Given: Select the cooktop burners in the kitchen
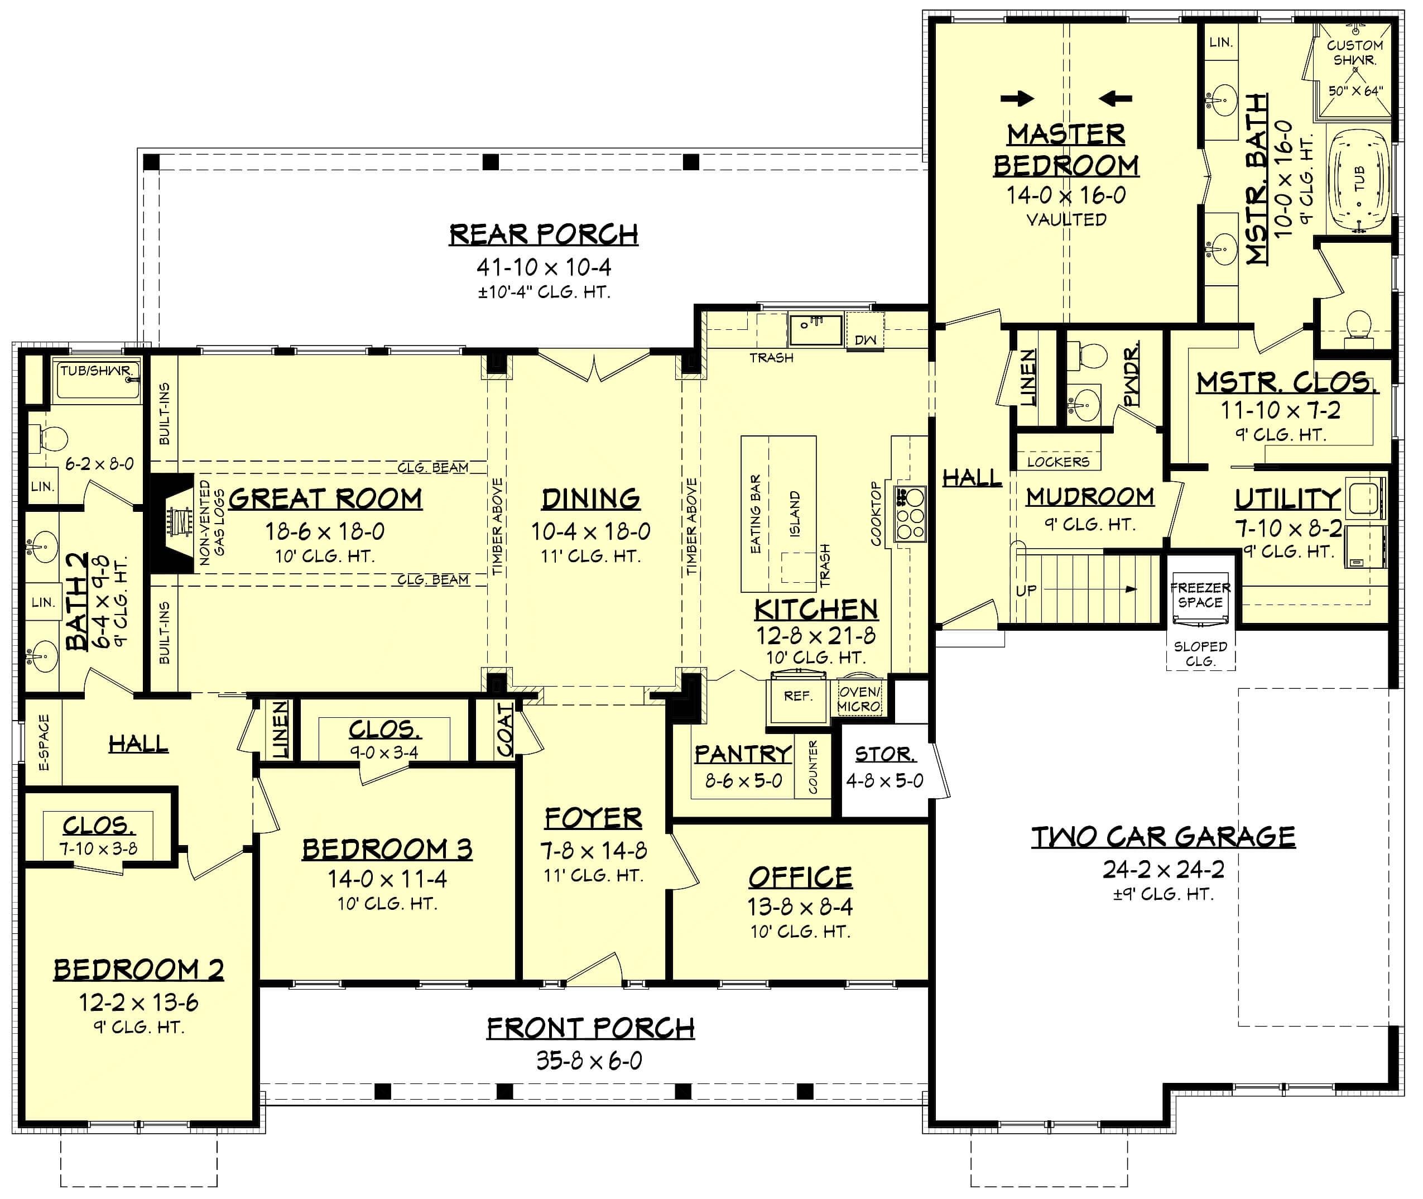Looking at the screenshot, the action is (911, 515).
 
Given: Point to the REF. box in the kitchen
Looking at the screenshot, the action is (798, 697).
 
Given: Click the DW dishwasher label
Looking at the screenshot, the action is (865, 340).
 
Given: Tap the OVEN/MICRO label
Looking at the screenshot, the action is (859, 699).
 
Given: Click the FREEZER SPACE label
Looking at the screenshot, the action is (1200, 594).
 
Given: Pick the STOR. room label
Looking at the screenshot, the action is (885, 754).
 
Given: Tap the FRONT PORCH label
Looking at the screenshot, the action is (590, 1028).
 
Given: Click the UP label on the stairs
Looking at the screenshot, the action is (1026, 591).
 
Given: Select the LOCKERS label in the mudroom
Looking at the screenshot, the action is (1058, 462).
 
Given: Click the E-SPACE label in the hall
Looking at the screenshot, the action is (44, 742).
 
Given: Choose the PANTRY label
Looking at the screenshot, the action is (743, 754).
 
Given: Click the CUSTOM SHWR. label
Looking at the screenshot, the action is (1354, 52).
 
